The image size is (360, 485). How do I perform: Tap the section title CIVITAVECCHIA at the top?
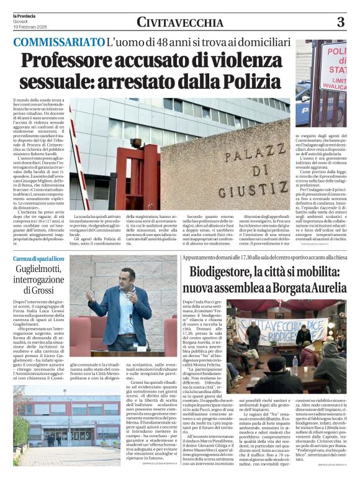(x=180, y=23)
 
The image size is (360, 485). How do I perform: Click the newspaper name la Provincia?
(x=25, y=14)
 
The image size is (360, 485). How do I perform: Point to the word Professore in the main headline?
(x=77, y=61)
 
